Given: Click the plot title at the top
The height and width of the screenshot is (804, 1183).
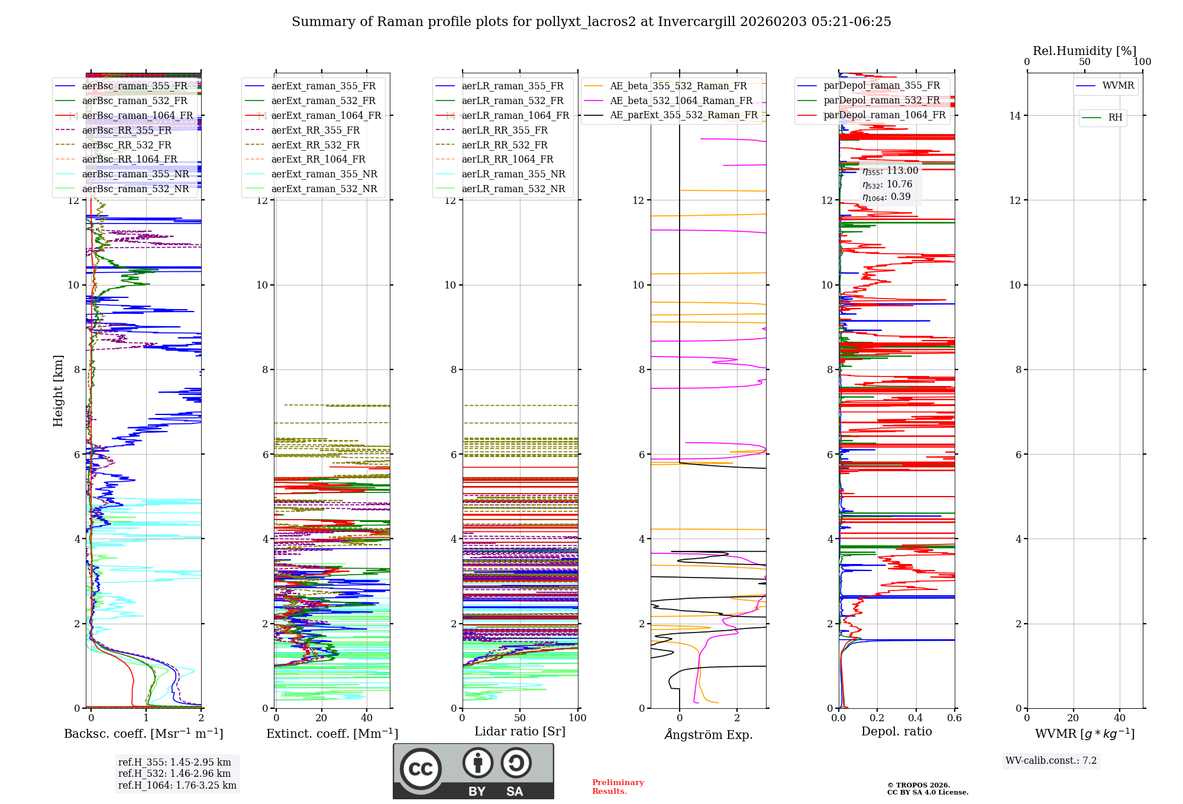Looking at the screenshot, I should click(591, 22).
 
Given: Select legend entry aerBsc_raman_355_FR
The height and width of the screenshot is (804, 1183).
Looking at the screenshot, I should click(134, 86).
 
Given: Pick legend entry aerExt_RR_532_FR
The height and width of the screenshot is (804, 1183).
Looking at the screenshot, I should click(315, 145).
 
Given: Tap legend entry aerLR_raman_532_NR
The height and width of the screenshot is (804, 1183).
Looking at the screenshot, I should click(513, 189).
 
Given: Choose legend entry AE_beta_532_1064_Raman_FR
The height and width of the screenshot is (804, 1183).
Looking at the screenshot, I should click(681, 101).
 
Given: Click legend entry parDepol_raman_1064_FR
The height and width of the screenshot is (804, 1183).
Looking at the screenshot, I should click(884, 115).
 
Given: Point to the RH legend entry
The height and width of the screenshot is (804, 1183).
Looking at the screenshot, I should click(1115, 118).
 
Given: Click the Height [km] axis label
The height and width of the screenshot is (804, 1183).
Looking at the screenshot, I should click(58, 391).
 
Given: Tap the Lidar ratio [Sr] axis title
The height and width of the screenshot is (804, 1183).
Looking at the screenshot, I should click(520, 731).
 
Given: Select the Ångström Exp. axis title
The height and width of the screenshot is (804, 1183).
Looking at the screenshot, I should click(708, 734).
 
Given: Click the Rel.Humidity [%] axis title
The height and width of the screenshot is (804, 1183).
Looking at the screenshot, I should click(1084, 51).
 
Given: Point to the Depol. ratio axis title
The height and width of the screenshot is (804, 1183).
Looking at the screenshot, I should click(896, 731).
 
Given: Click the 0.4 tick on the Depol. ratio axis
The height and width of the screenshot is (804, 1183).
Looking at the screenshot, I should click(916, 718).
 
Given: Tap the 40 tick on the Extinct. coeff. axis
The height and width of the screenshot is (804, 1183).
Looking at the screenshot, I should click(367, 718).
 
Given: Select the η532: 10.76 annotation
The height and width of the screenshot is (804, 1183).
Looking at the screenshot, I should click(887, 184).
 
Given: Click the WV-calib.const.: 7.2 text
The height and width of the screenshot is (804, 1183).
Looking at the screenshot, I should click(1051, 761).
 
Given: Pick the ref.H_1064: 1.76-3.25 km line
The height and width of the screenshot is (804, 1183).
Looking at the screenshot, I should click(177, 786).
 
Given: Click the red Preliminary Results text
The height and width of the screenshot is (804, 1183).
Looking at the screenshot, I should click(618, 787).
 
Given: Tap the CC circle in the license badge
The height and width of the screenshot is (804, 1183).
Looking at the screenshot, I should click(421, 769).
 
